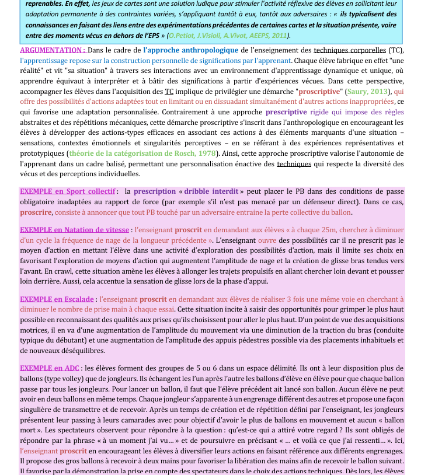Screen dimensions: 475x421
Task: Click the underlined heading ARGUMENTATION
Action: [x=53, y=50]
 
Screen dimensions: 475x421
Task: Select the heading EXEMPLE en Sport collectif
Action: [x=68, y=191]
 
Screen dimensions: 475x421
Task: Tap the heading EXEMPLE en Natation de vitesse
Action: [x=75, y=230]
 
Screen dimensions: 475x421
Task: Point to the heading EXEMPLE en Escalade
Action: [x=57, y=299]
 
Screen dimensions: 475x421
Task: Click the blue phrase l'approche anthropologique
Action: [x=190, y=50]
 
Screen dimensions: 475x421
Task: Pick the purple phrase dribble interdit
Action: [x=211, y=191]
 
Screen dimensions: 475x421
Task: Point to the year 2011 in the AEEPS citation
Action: [x=277, y=36]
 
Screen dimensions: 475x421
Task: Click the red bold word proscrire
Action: [x=36, y=212]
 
